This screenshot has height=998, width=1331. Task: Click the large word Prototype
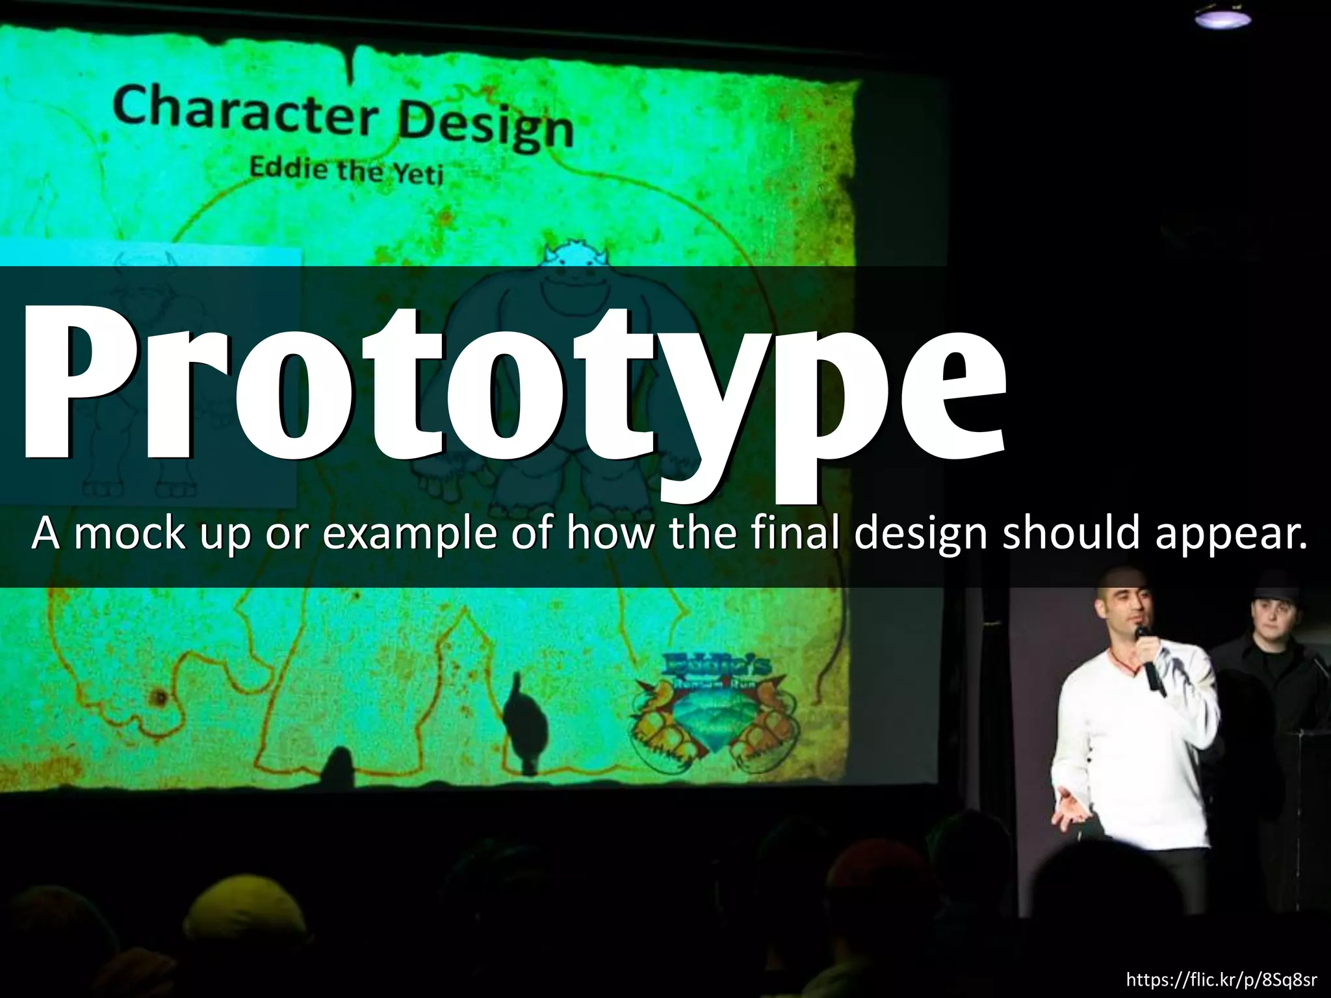[x=513, y=390]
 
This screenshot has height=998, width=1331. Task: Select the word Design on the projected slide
[x=485, y=128]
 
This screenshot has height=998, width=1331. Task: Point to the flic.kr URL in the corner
[x=1221, y=979]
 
